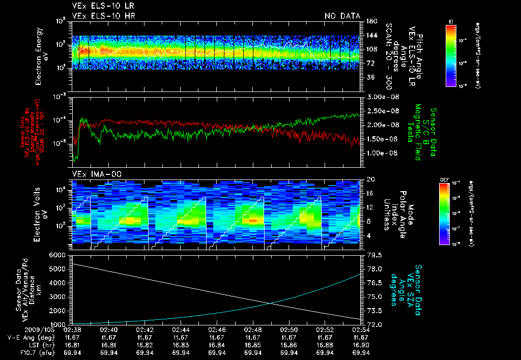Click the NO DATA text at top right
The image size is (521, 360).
pos(342,16)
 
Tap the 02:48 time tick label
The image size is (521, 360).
pos(253,330)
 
